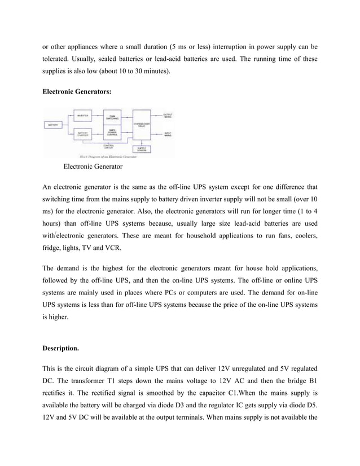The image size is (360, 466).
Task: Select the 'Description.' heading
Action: click(x=63, y=348)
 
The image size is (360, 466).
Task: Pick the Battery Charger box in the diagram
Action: click(x=83, y=134)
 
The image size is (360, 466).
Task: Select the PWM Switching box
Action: click(x=112, y=117)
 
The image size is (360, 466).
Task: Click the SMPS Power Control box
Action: click(x=112, y=133)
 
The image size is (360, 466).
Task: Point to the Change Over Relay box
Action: click(x=141, y=124)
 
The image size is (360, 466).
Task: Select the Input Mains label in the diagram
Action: click(x=168, y=134)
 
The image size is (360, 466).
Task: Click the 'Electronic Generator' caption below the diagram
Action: click(x=93, y=166)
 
